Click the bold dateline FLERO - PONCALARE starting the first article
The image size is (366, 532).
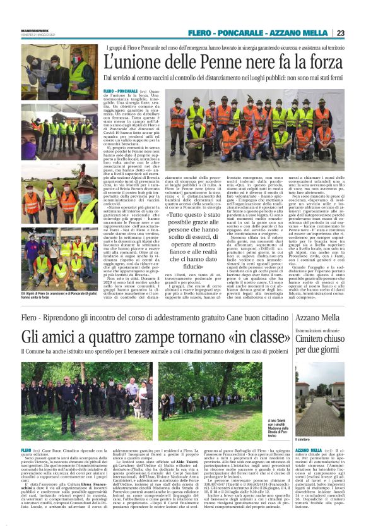click(x=121, y=92)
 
